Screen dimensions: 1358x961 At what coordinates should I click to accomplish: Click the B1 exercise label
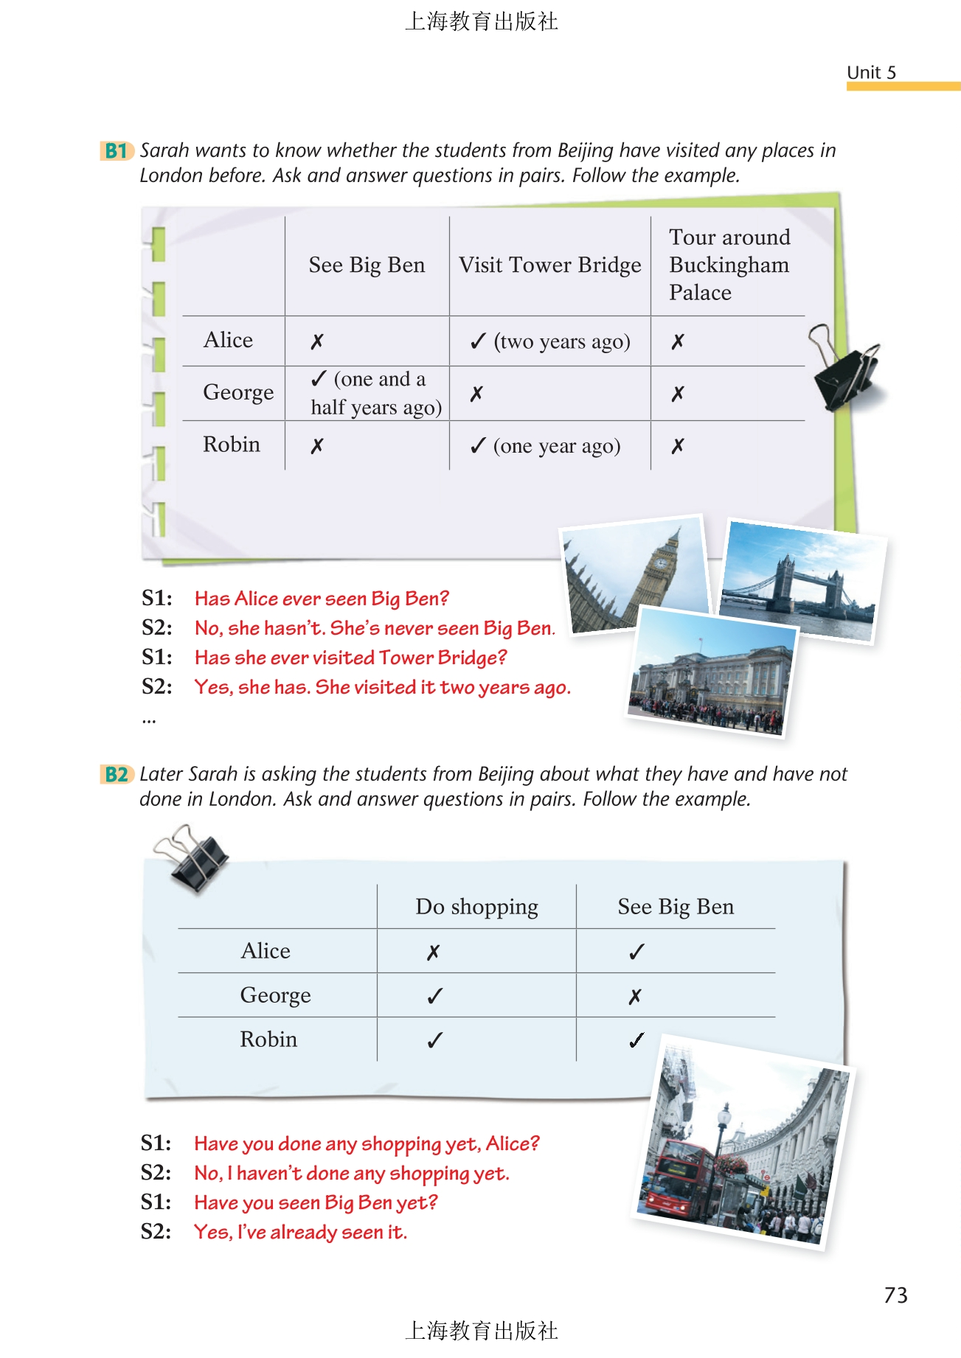[x=116, y=151]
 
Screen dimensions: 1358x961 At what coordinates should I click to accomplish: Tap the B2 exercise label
[x=116, y=775]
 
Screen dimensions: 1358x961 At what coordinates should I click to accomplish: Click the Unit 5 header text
[x=871, y=72]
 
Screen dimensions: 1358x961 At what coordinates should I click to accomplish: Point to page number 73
[x=895, y=1295]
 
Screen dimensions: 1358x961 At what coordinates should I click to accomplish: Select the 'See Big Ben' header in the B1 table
[x=367, y=265]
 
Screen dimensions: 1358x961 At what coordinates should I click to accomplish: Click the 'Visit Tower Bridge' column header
[x=549, y=265]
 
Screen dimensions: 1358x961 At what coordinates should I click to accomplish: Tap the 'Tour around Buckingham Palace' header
[x=729, y=265]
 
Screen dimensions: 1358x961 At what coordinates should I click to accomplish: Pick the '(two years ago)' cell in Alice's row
[x=551, y=341]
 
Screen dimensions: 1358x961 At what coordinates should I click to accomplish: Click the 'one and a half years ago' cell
[x=375, y=393]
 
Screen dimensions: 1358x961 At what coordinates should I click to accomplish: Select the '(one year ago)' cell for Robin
[x=547, y=446]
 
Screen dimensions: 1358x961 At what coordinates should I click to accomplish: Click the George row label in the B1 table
[x=237, y=392]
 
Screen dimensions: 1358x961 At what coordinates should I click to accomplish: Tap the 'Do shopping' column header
[x=476, y=907]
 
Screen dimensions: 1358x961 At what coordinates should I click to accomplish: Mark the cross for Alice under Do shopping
[x=434, y=953]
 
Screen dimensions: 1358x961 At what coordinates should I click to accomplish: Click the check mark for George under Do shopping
[x=435, y=997]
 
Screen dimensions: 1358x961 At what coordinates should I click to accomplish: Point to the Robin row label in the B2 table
[x=268, y=1040]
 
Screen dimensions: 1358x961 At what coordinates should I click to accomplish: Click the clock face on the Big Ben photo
[x=662, y=564]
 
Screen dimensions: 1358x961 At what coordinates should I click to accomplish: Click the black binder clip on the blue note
[x=194, y=859]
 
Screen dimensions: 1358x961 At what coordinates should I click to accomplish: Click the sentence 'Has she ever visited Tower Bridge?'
[x=350, y=658]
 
